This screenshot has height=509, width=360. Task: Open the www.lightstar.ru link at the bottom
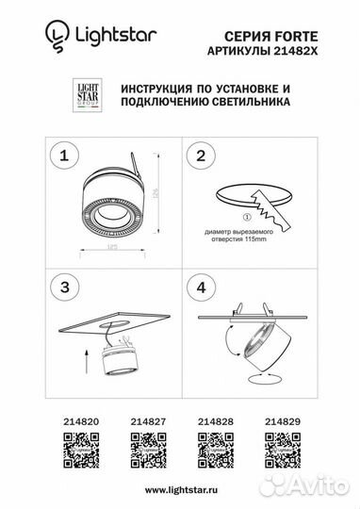179,491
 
